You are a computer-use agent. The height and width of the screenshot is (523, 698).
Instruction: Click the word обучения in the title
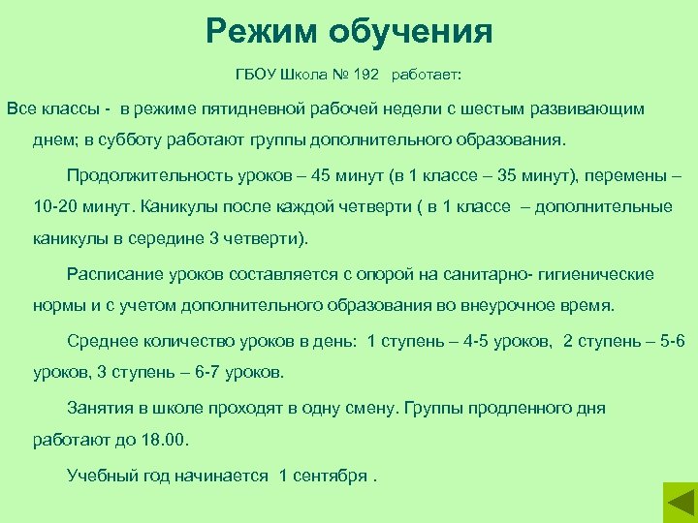pos(420,32)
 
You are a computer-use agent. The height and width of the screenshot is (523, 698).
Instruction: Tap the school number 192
pos(366,74)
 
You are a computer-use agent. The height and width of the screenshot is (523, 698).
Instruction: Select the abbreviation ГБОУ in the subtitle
pos(257,74)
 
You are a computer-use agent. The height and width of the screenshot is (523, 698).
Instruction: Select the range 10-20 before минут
pos(55,206)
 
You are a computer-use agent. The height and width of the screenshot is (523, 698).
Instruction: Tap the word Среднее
pos(100,341)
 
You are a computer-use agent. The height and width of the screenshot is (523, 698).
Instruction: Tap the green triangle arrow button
pos(679,504)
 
